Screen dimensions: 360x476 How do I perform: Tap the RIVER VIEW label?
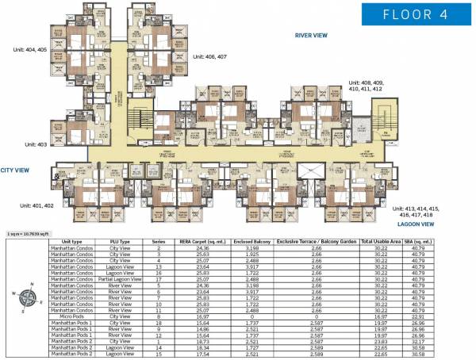[x=312, y=36]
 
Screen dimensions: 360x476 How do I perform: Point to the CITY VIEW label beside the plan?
[x=15, y=170]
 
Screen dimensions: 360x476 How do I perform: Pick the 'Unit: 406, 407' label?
[x=210, y=57]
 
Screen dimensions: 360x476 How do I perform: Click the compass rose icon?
[x=25, y=298]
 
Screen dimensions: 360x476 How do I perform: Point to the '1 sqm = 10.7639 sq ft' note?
[x=28, y=235]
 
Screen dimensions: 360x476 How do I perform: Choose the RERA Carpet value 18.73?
[x=199, y=341]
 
